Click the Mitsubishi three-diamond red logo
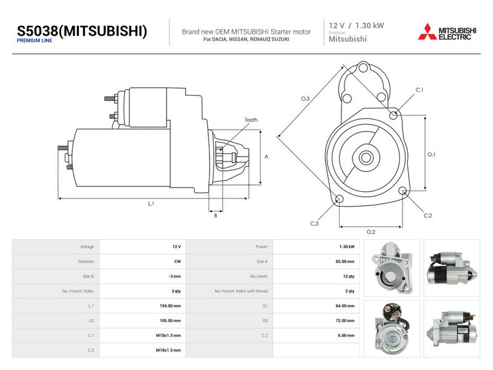[427, 32]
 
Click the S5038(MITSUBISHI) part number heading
[82, 31]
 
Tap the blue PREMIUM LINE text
[35, 41]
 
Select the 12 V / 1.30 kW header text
[356, 25]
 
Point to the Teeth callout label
[251, 120]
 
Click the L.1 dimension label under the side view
[151, 203]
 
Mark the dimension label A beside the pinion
[266, 157]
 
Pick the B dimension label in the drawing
[215, 215]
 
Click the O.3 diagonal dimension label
[305, 99]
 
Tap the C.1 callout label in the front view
[420, 90]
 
